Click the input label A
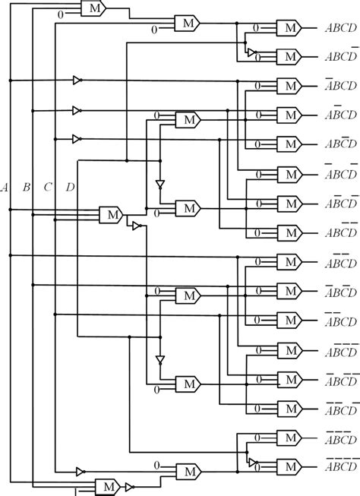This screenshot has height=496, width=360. (x=6, y=186)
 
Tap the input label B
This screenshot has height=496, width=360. (x=27, y=186)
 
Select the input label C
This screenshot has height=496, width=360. (x=48, y=186)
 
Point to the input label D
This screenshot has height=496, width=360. (x=71, y=186)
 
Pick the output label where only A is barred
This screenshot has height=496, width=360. (x=339, y=85)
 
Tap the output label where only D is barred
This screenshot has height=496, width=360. (x=339, y=55)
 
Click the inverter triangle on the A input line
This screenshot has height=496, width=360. (x=77, y=81)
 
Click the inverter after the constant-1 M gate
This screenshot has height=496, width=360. (x=130, y=486)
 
